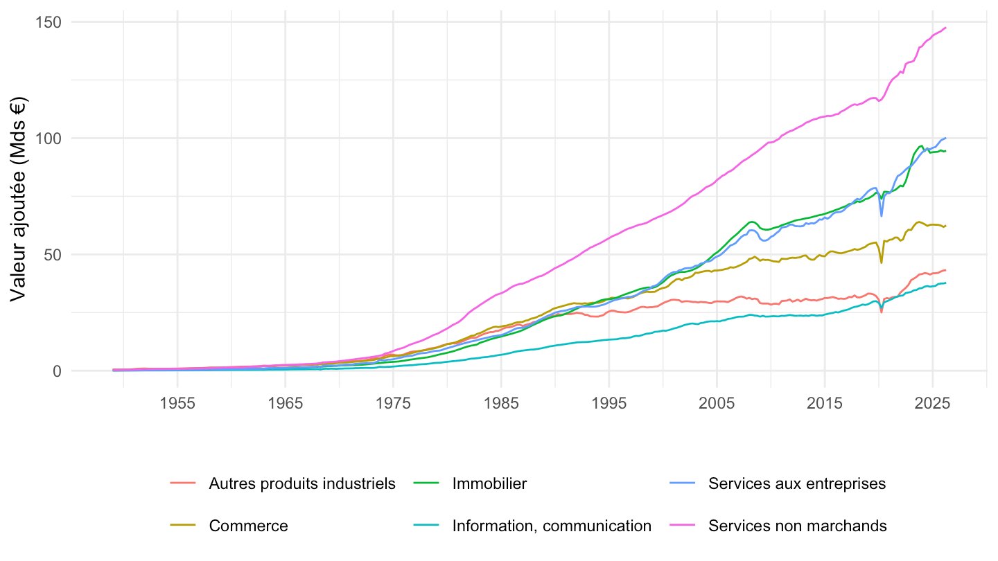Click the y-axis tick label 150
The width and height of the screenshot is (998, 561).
48,22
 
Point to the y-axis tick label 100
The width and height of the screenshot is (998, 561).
48,138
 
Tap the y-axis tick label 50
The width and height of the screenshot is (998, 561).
52,255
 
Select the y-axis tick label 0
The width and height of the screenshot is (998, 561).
57,371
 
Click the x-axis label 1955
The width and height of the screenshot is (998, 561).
177,403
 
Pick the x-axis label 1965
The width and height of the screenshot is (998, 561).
285,403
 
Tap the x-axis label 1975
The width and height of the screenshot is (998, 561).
393,403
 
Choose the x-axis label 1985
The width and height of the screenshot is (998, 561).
501,403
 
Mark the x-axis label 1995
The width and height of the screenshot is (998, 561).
609,403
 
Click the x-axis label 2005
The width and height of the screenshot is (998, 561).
717,403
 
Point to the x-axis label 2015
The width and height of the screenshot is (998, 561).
825,403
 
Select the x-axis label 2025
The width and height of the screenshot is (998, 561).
933,403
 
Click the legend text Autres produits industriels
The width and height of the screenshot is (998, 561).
302,483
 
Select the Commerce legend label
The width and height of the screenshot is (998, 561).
249,526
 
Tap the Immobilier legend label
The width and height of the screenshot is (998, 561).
489,483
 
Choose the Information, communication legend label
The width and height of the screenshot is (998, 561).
552,526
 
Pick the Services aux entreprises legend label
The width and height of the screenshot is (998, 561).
797,483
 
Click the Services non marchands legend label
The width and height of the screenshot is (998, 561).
798,526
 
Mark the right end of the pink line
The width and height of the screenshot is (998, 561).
945,28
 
